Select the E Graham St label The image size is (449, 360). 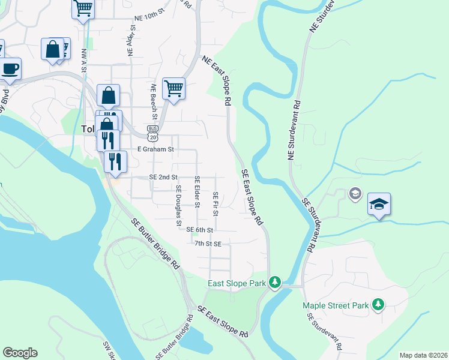(155, 149)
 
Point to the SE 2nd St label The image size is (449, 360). (164, 178)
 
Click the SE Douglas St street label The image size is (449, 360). (178, 205)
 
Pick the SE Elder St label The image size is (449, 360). (197, 192)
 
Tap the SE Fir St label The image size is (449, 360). (215, 205)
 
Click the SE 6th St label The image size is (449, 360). (200, 230)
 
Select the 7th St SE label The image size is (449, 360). (208, 244)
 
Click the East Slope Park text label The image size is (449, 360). (237, 283)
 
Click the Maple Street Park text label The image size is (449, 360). (335, 305)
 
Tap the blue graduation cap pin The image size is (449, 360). (379, 204)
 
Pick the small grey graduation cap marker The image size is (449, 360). (355, 193)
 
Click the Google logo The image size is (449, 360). (20, 353)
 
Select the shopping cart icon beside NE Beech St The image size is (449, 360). (173, 89)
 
